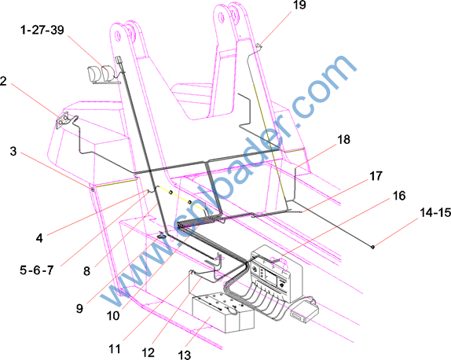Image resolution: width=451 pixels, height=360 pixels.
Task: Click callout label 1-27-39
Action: pyautogui.click(x=42, y=30)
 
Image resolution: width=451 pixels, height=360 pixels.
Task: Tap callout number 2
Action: pyautogui.click(x=3, y=81)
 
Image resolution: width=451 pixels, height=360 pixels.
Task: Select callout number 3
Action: pyautogui.click(x=13, y=151)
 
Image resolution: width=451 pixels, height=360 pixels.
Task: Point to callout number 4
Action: pyautogui.click(x=39, y=238)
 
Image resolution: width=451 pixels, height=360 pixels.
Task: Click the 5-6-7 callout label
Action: pyautogui.click(x=36, y=270)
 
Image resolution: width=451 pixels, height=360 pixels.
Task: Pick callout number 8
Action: pyautogui.click(x=86, y=271)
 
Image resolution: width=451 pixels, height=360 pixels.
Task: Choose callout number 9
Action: pyautogui.click(x=79, y=308)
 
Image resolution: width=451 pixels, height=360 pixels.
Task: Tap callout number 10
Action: pyautogui.click(x=113, y=316)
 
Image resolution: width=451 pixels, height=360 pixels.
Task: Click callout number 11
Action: pyautogui.click(x=115, y=349)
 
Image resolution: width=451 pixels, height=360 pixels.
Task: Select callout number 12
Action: pyautogui.click(x=148, y=352)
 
